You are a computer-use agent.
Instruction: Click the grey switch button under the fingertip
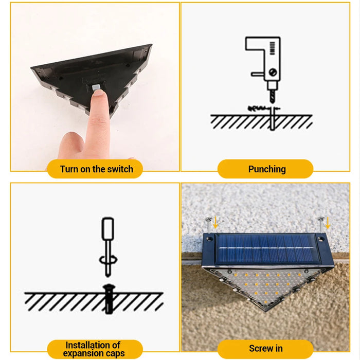tap(96, 87)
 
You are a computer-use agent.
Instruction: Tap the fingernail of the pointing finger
tap(99, 93)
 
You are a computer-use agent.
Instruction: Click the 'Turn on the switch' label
tap(97, 169)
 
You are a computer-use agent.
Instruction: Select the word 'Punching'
tap(267, 169)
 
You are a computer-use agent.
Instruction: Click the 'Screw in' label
tap(266, 348)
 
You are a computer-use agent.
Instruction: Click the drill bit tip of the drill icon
tap(272, 102)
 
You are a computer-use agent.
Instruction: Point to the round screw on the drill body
tap(273, 73)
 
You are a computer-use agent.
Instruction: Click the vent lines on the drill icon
tap(272, 48)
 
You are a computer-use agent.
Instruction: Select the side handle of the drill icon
tap(258, 74)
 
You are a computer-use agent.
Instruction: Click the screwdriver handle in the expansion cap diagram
tap(107, 229)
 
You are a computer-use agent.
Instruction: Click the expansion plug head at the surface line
tap(109, 287)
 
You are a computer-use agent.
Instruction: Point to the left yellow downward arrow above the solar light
tap(215, 223)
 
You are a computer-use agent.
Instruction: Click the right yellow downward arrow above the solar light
tap(328, 223)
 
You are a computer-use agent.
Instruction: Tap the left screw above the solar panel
tap(209, 225)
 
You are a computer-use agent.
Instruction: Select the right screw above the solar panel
tap(321, 224)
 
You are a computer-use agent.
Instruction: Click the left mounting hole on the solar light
tap(209, 239)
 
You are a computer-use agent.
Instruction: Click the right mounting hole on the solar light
tap(321, 239)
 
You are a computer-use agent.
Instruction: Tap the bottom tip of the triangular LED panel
tap(266, 311)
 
